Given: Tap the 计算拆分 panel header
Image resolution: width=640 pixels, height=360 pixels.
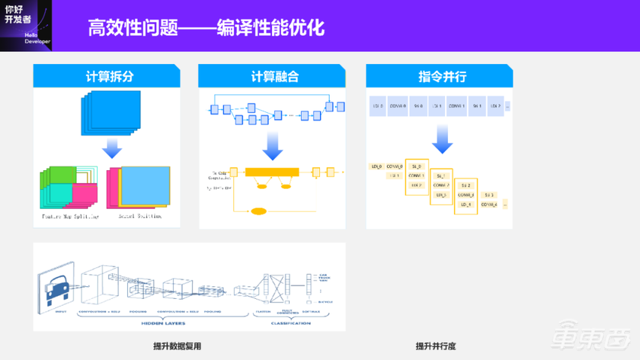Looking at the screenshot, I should pos(107,76).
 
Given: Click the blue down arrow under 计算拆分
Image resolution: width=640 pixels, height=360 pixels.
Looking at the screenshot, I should pos(111,147).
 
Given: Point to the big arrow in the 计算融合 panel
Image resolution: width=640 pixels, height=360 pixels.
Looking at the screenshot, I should pos(272,145).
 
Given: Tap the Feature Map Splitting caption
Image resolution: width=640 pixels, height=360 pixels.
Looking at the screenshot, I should pos(70,216).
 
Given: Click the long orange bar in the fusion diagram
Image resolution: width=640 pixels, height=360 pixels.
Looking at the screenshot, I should pos(271,172).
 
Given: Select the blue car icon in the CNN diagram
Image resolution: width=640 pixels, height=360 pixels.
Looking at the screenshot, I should pos(56,288).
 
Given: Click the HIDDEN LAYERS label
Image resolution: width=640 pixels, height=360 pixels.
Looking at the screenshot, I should pos(164,323).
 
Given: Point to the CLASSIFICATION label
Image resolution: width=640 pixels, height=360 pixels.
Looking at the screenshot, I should pos(290,323).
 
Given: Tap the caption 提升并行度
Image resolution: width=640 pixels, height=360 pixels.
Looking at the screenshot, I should pos(436,346).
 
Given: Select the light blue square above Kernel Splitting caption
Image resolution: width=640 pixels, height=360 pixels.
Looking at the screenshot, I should pos(145,185).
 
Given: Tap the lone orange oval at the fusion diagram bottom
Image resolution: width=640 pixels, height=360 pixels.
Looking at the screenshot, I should pos(258,211).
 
